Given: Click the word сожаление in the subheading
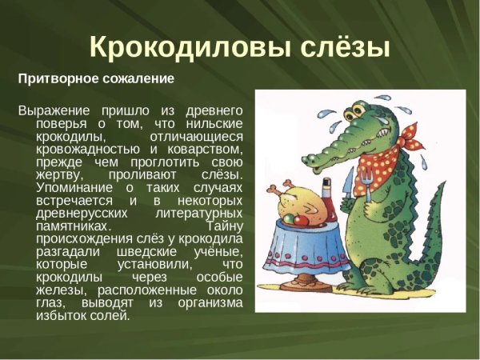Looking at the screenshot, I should [x=137, y=79].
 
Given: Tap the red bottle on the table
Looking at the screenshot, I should [x=326, y=197].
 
